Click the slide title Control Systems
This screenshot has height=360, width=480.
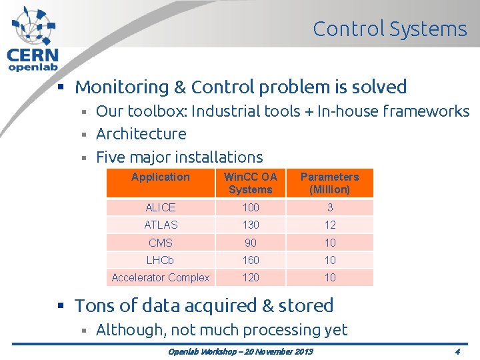(390, 29)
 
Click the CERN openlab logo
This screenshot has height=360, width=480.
(33, 39)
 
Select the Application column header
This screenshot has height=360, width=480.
(161, 177)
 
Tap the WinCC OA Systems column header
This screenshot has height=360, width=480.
(251, 183)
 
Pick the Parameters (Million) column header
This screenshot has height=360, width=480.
(329, 183)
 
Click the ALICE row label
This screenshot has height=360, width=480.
(161, 207)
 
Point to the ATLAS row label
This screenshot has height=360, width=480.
(161, 225)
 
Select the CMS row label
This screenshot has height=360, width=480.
(161, 243)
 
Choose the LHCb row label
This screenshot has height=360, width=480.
(161, 260)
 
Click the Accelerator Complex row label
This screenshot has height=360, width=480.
(161, 277)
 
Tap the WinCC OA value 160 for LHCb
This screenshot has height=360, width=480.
(251, 260)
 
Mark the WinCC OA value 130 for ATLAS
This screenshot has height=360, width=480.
(251, 225)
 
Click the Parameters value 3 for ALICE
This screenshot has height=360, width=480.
(329, 207)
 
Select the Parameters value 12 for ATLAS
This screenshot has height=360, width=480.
(329, 225)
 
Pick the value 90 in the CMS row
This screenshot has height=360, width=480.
(251, 243)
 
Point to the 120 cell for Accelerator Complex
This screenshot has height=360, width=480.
(251, 277)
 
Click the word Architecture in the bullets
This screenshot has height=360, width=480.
(141, 134)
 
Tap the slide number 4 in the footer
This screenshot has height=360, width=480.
(457, 351)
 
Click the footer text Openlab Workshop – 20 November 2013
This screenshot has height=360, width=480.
(241, 351)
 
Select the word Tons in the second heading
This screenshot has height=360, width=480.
(93, 306)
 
